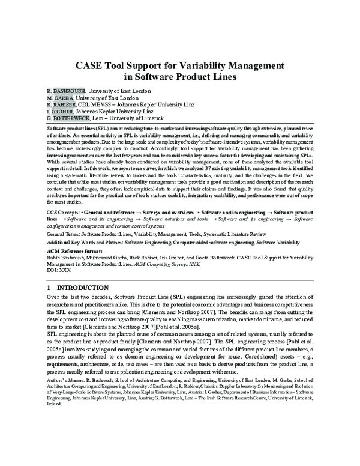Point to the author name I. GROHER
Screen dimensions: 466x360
60,111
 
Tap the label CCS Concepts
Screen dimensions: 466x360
62,213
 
